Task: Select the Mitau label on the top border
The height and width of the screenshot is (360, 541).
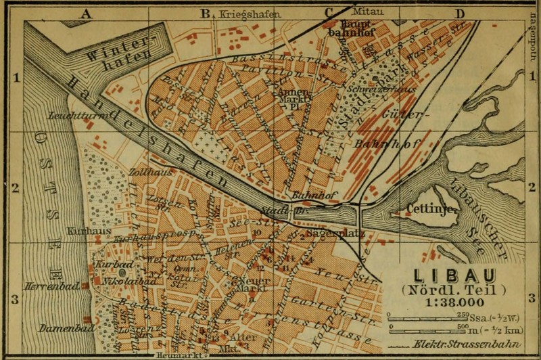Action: (x=366, y=12)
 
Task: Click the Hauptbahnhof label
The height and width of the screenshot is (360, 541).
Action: (x=348, y=26)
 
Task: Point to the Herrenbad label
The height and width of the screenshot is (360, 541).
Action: (x=45, y=286)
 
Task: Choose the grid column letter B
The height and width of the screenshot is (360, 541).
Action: (x=205, y=13)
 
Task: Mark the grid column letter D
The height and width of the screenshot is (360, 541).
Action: (x=460, y=13)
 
